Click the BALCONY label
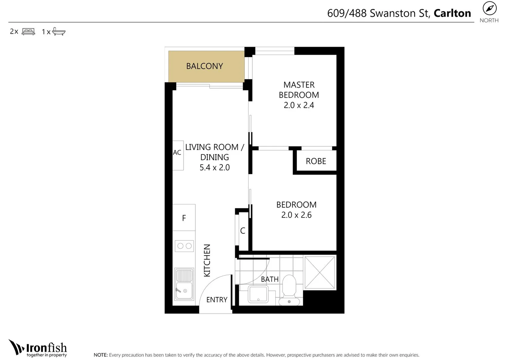(204, 66)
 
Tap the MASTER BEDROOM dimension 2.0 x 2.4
(299, 105)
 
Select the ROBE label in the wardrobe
(316, 161)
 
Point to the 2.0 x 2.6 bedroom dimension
(296, 215)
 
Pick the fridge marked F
(184, 218)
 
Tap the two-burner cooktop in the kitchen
(184, 246)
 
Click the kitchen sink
(184, 284)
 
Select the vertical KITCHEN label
(207, 260)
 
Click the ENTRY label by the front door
(217, 300)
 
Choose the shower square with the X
(320, 272)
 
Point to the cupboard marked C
(243, 231)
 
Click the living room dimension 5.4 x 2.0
(215, 168)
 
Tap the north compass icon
(489, 9)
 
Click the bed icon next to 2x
(28, 32)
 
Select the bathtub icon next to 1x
(59, 32)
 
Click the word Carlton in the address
(452, 13)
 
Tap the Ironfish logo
(38, 348)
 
